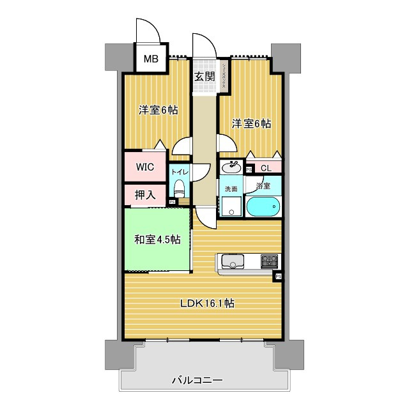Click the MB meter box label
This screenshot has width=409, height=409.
tap(150, 60)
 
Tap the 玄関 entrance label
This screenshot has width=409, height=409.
tap(204, 77)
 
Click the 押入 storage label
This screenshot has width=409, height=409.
tap(144, 195)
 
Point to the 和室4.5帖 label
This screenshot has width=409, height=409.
tap(157, 240)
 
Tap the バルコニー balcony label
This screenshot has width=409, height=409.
tap(197, 381)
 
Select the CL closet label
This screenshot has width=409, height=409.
tap(266, 168)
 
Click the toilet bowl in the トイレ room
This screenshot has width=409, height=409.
tap(180, 190)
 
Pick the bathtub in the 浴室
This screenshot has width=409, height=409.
tap(263, 206)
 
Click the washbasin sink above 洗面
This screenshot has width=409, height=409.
tap(231, 168)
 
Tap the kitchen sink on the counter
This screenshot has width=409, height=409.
tap(229, 261)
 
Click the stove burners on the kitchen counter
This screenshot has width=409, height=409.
tap(268, 261)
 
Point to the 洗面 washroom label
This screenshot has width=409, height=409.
tap(230, 189)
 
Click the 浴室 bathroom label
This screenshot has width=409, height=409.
tap(263, 186)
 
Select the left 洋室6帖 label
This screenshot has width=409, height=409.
tap(158, 110)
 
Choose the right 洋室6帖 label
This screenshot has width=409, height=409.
tap(251, 123)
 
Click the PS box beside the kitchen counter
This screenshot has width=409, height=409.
tap(278, 277)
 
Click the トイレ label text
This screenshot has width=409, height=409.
tap(180, 173)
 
